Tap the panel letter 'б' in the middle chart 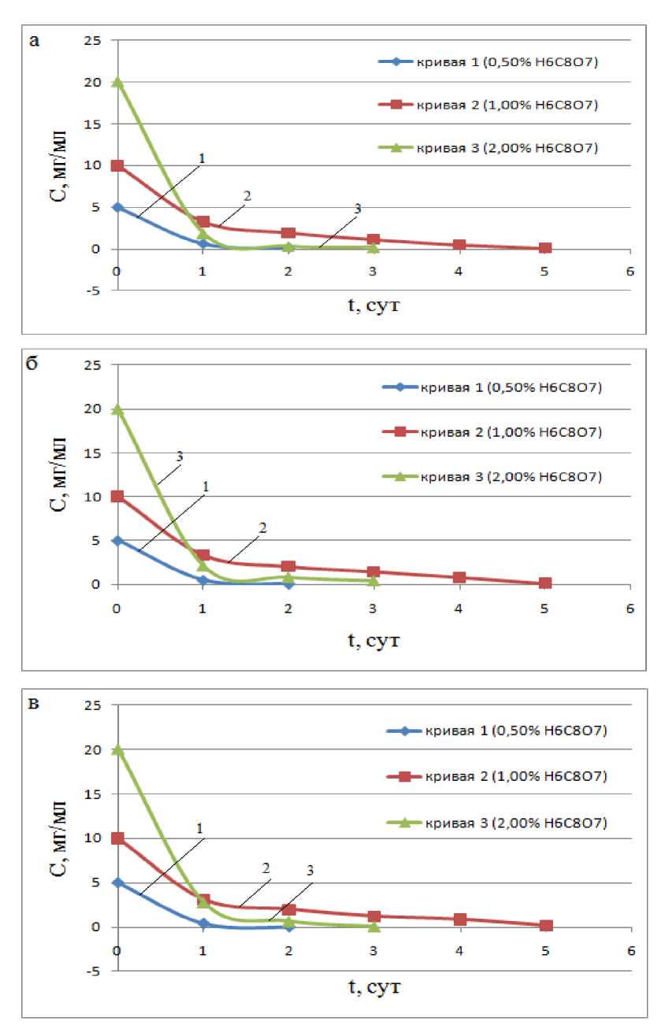(x=33, y=368)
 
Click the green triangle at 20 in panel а (x=117, y=83)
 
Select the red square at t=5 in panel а (x=544, y=248)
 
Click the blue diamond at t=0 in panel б (x=117, y=541)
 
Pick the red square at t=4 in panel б (x=459, y=577)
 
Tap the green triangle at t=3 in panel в (x=373, y=926)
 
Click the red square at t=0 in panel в (x=117, y=838)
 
